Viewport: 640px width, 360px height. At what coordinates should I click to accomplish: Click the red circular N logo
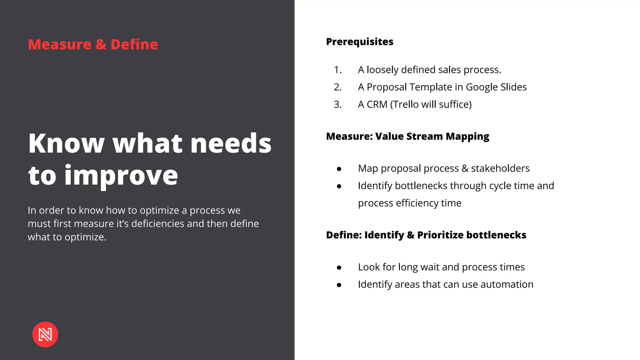[45, 334]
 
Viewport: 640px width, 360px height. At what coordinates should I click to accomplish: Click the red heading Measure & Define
[93, 44]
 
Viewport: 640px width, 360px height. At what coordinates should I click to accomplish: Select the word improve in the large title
[121, 176]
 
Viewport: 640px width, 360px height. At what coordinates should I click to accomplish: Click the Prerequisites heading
[359, 42]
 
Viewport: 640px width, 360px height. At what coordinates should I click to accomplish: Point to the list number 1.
[337, 70]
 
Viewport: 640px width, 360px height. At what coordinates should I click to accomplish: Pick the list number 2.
[337, 87]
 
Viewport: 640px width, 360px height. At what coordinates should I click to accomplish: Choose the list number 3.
[337, 104]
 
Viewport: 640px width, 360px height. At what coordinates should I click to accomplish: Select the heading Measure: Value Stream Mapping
[407, 136]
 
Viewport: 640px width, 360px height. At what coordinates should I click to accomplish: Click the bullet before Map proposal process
[339, 169]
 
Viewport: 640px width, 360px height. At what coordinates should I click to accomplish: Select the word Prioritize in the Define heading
[440, 235]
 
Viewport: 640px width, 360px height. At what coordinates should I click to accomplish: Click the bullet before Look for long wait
[339, 268]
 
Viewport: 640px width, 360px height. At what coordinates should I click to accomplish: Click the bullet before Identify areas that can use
[339, 285]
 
